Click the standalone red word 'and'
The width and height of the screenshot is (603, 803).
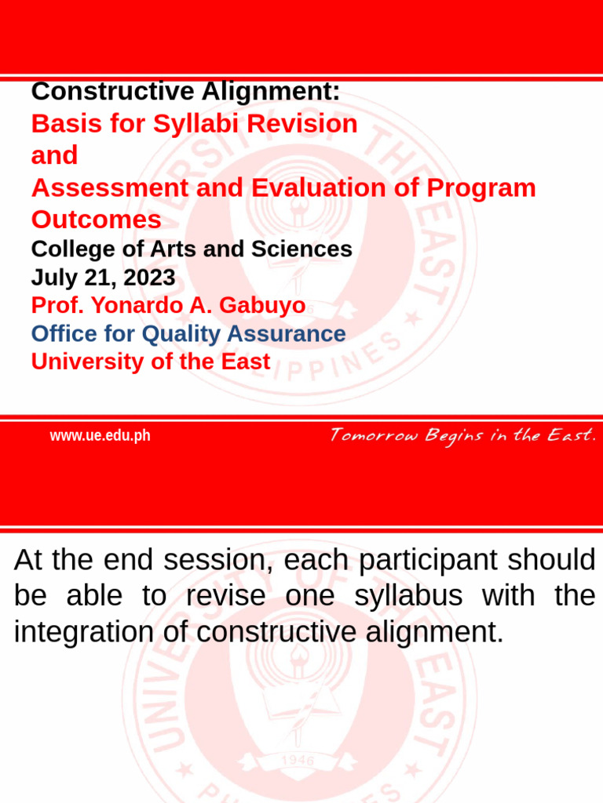click(x=54, y=155)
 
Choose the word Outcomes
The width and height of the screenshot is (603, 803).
click(x=96, y=220)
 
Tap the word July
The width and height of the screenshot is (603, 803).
click(x=53, y=278)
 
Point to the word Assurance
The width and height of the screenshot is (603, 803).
click(x=287, y=334)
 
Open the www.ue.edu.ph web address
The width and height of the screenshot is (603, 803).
click(x=100, y=436)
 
